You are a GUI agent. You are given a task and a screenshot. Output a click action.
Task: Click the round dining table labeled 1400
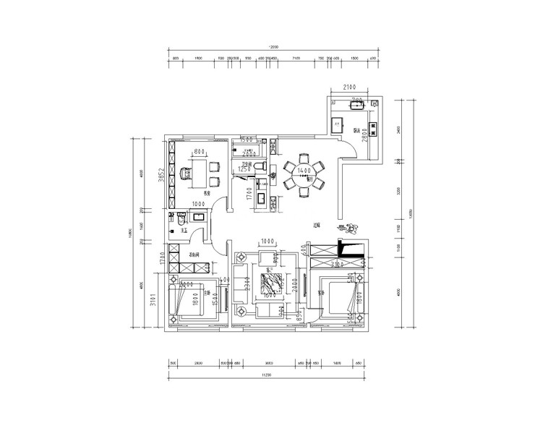point(303,174)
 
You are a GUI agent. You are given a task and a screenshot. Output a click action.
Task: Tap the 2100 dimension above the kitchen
point(352,87)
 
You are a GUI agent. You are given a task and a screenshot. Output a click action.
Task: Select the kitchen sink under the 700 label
point(355,106)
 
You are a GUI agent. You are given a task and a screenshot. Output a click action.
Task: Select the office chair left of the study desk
point(184,172)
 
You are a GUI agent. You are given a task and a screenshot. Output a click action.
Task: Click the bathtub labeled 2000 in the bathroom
point(249,153)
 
